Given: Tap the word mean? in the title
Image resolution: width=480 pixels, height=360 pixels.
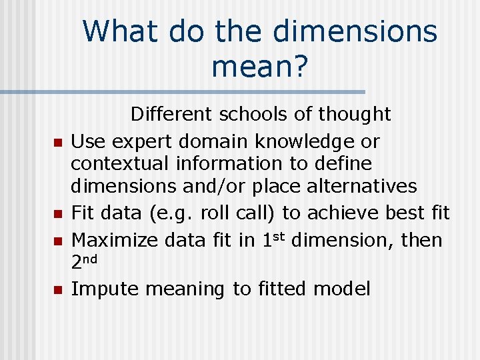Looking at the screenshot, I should pos(260,66).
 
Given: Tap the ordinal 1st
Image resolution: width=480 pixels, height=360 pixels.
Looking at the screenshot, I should pos(271,239).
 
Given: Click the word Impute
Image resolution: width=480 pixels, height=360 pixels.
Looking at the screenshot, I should pos(105,289).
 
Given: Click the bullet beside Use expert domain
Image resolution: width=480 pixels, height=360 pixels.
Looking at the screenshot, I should pos(57,143).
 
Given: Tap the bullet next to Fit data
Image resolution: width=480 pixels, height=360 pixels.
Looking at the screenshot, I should pos(57,214).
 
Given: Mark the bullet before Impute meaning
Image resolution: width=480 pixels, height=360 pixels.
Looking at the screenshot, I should pos(57,290).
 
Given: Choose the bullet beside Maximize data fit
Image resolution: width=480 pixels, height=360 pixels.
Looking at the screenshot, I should pos(57,241).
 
